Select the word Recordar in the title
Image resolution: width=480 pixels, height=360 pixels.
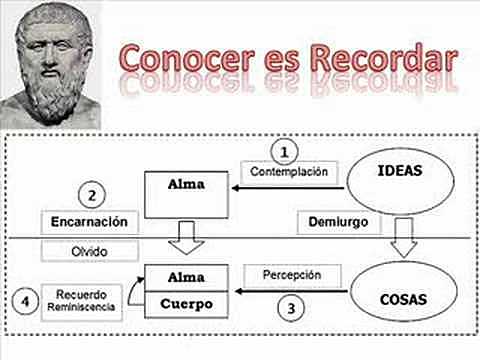click(x=381, y=57)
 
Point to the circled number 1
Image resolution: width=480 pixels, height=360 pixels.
click(x=285, y=152)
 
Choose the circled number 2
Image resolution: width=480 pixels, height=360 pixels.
click(x=92, y=193)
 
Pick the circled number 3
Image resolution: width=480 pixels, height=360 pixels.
click(x=290, y=309)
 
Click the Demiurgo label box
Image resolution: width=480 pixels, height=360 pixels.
click(x=327, y=220)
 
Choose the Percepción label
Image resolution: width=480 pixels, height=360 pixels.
click(x=292, y=272)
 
